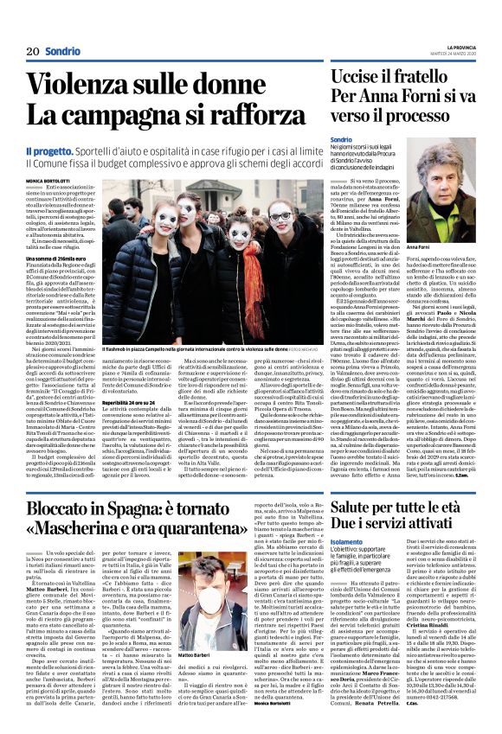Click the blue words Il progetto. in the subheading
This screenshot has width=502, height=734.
tap(50, 150)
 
